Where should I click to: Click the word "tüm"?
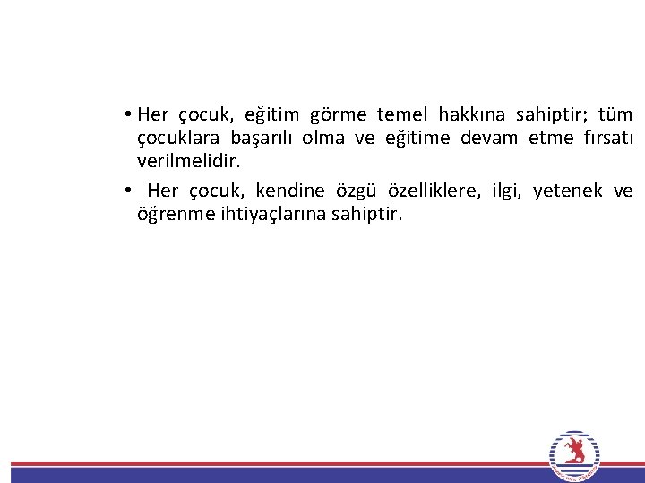(615, 114)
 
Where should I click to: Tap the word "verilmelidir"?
(188, 163)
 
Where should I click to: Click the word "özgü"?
(357, 191)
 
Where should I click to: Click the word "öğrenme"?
(175, 216)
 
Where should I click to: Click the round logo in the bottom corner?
(574, 457)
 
